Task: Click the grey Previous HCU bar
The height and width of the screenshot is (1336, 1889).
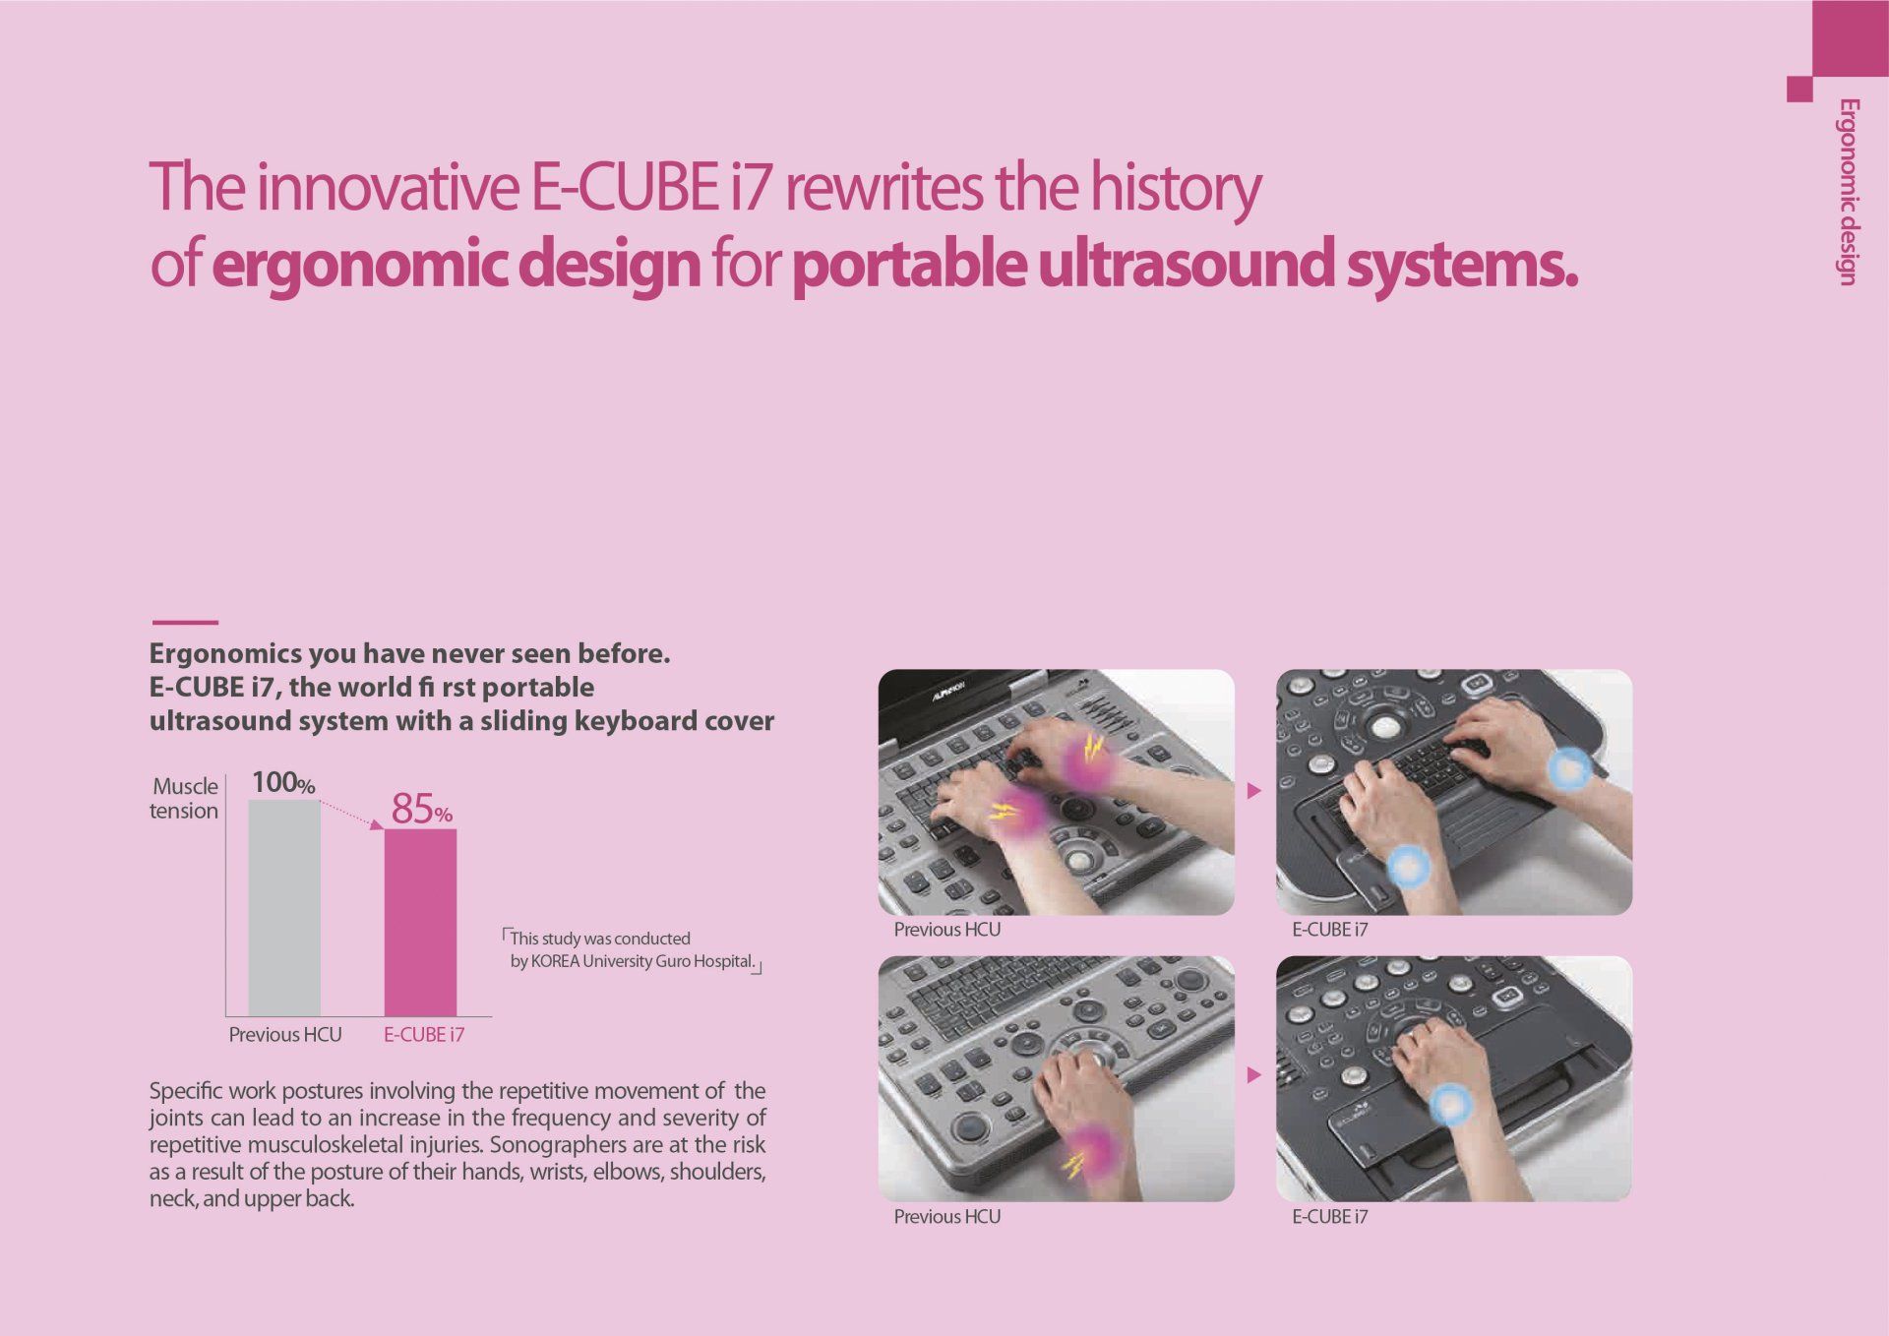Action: pos(284,907)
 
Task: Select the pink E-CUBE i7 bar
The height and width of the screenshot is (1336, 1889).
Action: pos(420,923)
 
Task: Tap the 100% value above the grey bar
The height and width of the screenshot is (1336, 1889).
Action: pos(283,782)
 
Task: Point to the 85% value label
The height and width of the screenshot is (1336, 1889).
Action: pos(422,809)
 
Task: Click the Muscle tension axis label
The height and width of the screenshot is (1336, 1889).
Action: pos(184,798)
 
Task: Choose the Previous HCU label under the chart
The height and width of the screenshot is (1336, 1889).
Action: pos(285,1034)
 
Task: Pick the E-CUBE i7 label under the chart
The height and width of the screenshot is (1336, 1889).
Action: pos(424,1034)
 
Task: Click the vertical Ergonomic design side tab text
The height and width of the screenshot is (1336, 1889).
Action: pos(1848,192)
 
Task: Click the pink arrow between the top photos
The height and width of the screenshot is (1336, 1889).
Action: pos(1253,790)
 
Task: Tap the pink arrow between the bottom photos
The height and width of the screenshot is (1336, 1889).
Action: pos(1253,1075)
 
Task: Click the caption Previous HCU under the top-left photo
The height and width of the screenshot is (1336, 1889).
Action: pos(946,930)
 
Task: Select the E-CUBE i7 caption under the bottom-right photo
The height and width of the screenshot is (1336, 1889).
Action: pos(1329,1217)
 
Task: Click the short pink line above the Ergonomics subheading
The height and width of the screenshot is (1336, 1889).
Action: pos(185,622)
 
